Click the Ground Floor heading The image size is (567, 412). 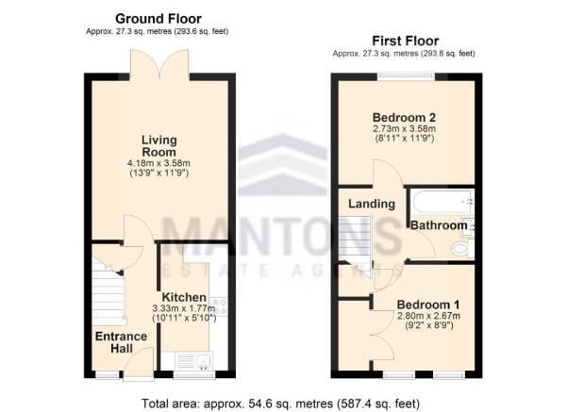pos(158,18)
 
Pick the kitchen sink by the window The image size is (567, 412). pos(187,359)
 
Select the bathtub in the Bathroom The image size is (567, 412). pos(439,201)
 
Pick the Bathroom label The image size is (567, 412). pos(438,225)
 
